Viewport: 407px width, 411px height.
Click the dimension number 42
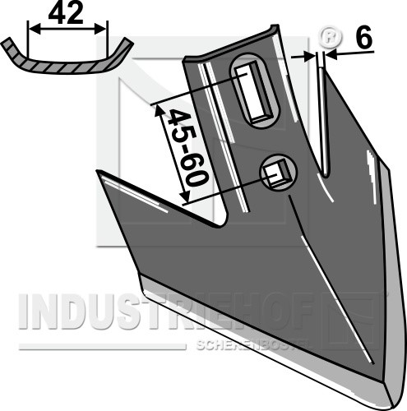pyautogui.click(x=66, y=14)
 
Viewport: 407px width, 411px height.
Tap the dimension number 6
pyautogui.click(x=364, y=37)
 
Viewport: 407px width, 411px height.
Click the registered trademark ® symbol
pyautogui.click(x=331, y=37)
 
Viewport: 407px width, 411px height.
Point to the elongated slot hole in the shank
pyautogui.click(x=255, y=91)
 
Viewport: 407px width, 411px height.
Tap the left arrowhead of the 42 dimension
pyautogui.click(x=35, y=29)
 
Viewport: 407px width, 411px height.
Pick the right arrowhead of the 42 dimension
pyautogui.click(x=99, y=29)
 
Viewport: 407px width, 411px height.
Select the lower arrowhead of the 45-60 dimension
pyautogui.click(x=185, y=196)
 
